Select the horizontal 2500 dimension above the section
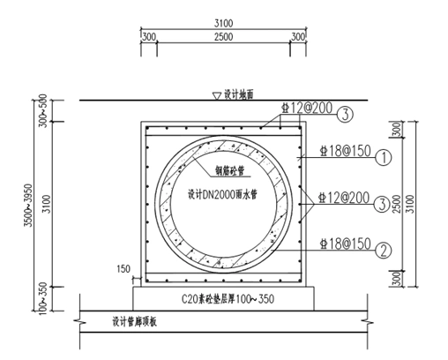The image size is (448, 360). [224, 37]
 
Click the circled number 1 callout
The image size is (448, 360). [383, 159]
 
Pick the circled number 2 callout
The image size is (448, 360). [383, 249]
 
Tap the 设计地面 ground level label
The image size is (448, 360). [238, 94]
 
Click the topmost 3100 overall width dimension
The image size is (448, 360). [224, 20]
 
